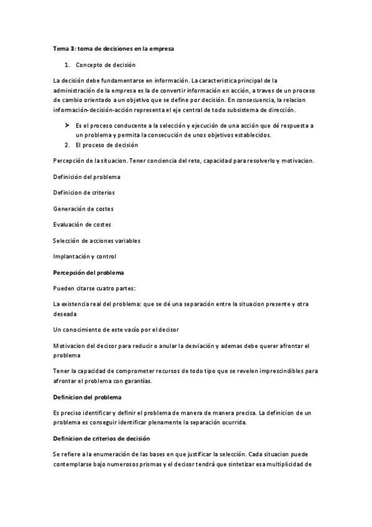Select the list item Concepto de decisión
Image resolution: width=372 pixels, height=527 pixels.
[x=106, y=65]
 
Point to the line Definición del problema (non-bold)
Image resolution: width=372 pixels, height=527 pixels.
[x=87, y=177]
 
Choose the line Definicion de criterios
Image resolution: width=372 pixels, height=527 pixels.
[x=84, y=193]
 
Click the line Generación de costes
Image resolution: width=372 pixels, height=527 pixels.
[x=83, y=209]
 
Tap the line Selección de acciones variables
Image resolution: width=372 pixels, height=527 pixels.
[x=97, y=241]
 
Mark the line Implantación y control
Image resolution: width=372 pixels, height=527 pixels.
[x=84, y=256]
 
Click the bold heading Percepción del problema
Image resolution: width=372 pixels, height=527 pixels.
[x=89, y=272]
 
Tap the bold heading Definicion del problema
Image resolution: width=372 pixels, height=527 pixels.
[x=87, y=396]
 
